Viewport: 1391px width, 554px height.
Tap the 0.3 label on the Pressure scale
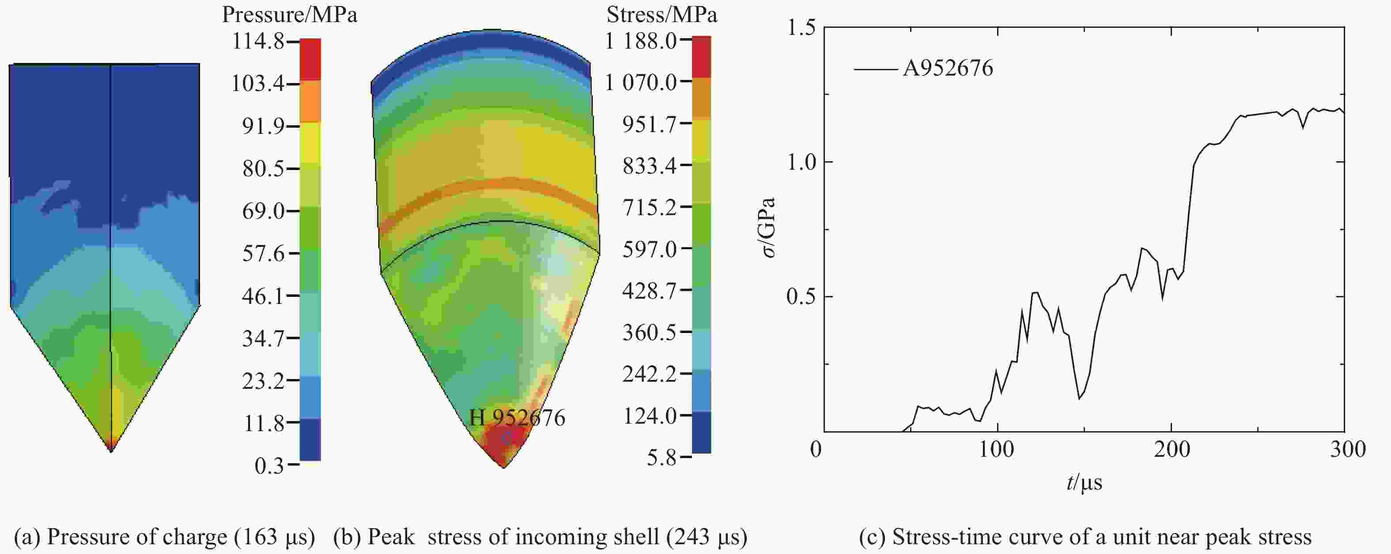269,465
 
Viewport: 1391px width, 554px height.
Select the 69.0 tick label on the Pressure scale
263,211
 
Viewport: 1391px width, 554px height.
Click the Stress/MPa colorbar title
661,15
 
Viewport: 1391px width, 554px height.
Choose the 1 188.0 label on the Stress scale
640,41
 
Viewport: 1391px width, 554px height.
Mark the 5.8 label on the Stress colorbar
661,458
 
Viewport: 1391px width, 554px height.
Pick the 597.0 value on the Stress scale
649,249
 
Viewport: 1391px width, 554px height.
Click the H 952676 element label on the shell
517,418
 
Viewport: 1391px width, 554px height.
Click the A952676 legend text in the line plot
948,68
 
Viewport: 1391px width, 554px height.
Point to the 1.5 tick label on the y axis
800,27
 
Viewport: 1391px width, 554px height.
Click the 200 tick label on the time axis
1172,449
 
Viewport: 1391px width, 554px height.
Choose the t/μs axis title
1084,482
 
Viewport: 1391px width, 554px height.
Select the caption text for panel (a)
164,537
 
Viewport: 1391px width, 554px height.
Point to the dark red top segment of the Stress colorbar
701,56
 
